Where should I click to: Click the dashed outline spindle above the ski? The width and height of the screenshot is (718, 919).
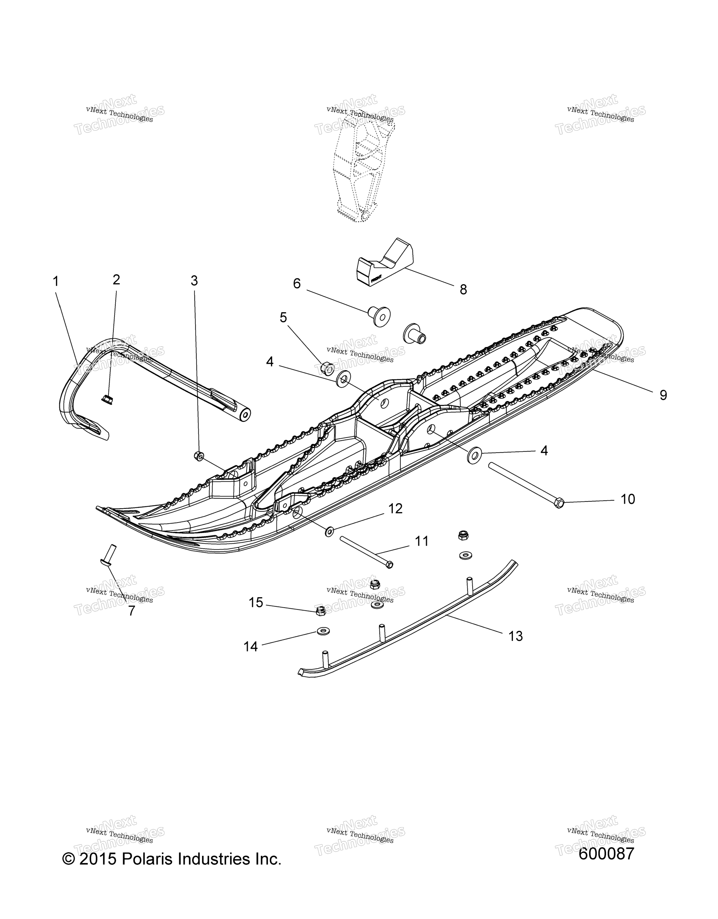click(360, 168)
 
